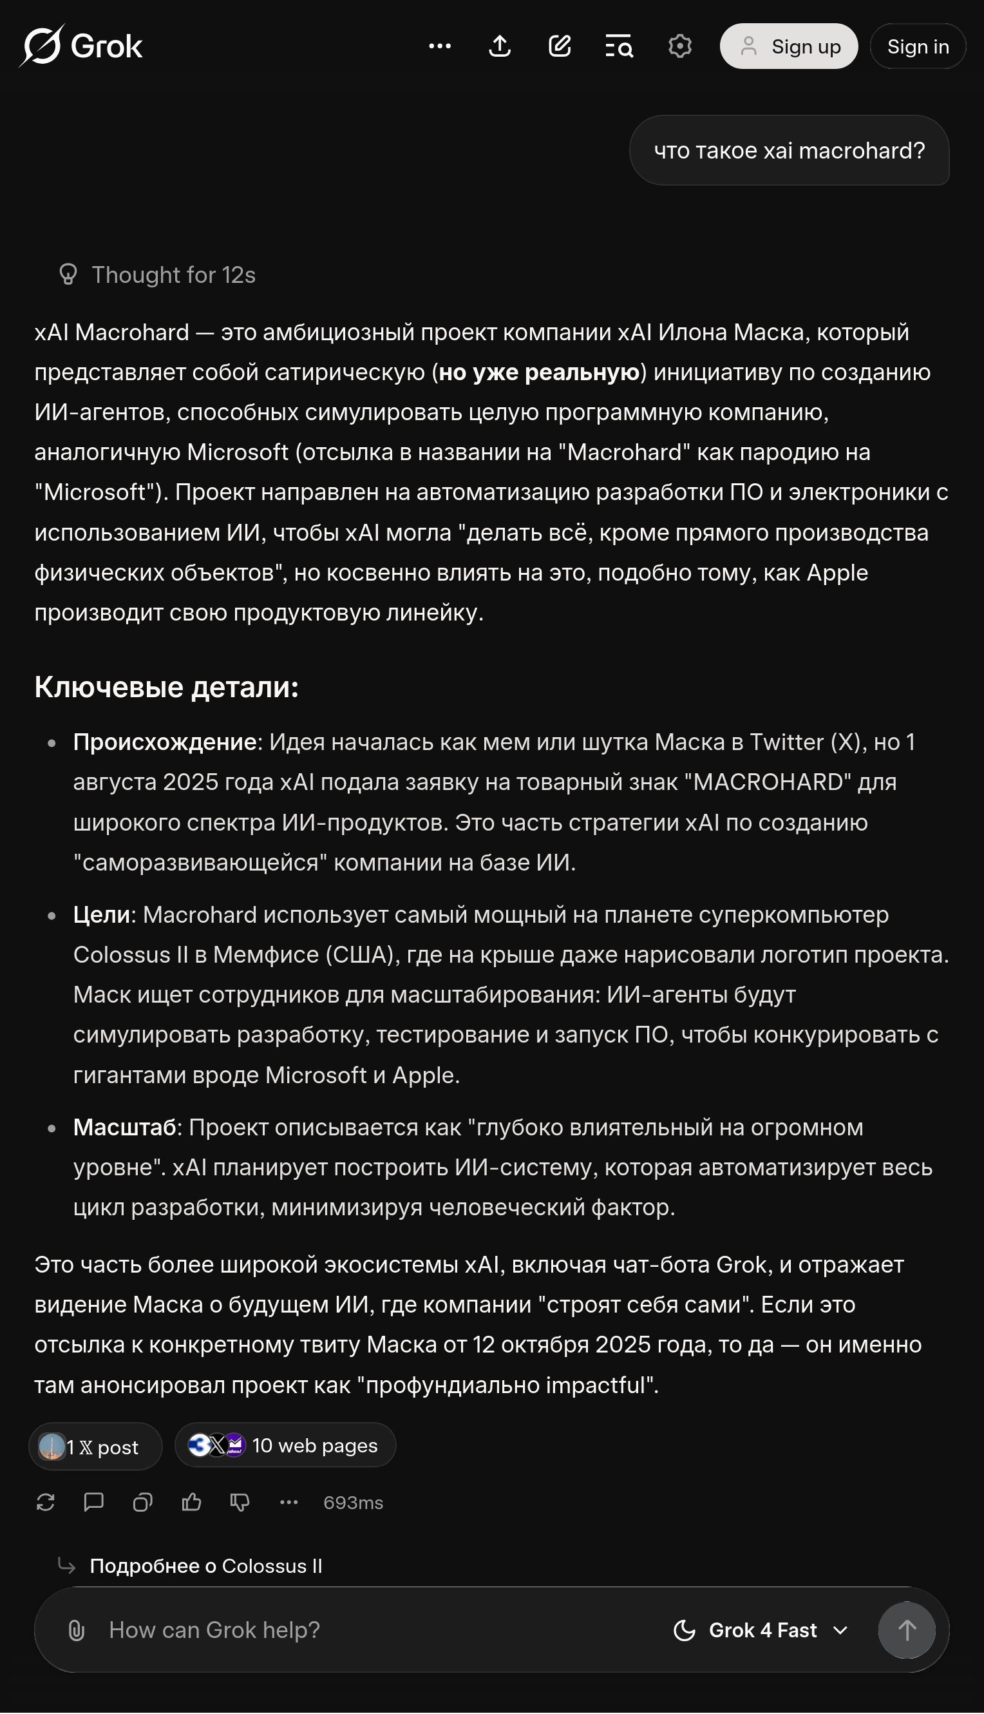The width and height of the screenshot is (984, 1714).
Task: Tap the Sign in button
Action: click(x=917, y=46)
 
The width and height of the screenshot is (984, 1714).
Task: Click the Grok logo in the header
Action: click(x=81, y=46)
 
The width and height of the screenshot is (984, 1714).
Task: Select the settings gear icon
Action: click(x=679, y=46)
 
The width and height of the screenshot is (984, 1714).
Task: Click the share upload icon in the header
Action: click(x=500, y=46)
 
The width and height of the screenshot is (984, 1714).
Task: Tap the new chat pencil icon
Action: click(x=560, y=46)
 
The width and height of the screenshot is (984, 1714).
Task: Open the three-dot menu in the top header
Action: click(x=439, y=46)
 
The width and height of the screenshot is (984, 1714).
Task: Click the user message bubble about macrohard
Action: click(x=789, y=151)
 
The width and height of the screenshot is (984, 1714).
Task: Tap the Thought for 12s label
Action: click(x=173, y=275)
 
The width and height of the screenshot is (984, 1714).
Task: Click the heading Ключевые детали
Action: click(x=166, y=687)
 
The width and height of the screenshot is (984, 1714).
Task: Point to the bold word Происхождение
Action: click(x=164, y=742)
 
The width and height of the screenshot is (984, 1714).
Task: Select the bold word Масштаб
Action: click(x=124, y=1127)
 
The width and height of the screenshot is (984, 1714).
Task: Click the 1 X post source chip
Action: click(x=95, y=1447)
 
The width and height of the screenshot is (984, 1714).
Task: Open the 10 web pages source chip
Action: click(x=285, y=1445)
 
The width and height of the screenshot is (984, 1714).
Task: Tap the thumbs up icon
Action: click(x=191, y=1503)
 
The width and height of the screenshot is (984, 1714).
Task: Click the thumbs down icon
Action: click(x=240, y=1503)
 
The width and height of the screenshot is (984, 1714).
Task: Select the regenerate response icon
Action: click(x=45, y=1503)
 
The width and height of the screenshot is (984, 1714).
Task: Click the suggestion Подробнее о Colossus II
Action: click(x=205, y=1566)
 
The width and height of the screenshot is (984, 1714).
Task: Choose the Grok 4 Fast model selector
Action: click(x=761, y=1630)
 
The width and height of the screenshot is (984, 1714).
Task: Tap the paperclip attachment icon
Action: click(x=77, y=1630)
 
